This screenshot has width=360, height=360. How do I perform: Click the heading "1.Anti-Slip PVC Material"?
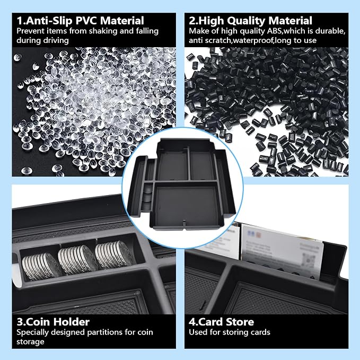[81, 21]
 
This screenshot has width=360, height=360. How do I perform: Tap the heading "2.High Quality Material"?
[250, 21]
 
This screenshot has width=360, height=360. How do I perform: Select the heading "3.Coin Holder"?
[53, 322]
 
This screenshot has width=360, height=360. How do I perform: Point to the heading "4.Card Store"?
[221, 322]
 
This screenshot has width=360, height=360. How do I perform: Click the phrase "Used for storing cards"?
[230, 332]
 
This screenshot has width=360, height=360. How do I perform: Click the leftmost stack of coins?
[41, 266]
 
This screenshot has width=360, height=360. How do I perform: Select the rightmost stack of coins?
[114, 254]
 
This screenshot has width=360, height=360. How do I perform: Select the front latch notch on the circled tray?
[183, 223]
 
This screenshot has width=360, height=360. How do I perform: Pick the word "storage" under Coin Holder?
[30, 342]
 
